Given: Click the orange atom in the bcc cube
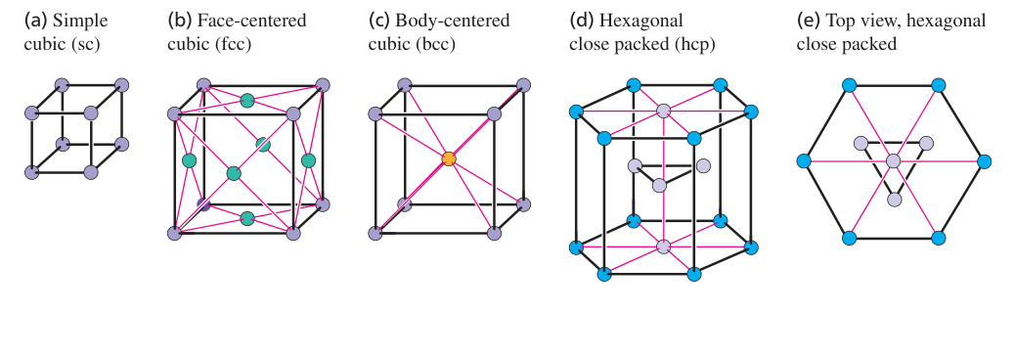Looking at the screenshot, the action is tap(449, 158).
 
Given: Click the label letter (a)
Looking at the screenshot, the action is tap(35, 21).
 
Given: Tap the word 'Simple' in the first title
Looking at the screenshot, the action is tap(80, 22).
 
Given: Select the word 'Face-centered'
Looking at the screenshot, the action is tap(252, 21).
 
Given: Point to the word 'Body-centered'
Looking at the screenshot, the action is tap(453, 21).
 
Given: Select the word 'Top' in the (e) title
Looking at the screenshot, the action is tap(839, 22).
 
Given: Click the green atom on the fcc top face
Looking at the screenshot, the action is tap(246, 101).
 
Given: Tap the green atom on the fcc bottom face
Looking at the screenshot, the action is tap(246, 218).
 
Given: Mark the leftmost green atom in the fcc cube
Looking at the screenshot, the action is tap(189, 159).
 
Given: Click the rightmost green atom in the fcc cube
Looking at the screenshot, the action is tap(308, 159).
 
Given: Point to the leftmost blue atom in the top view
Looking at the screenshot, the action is tap(804, 161).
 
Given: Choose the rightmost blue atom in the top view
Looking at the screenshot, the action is tap(984, 161).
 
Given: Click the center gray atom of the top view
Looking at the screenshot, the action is tap(894, 161).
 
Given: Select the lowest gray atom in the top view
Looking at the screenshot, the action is tap(894, 200).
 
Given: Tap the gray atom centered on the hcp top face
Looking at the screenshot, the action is tap(663, 111).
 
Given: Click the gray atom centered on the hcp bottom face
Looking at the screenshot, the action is tap(663, 247).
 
